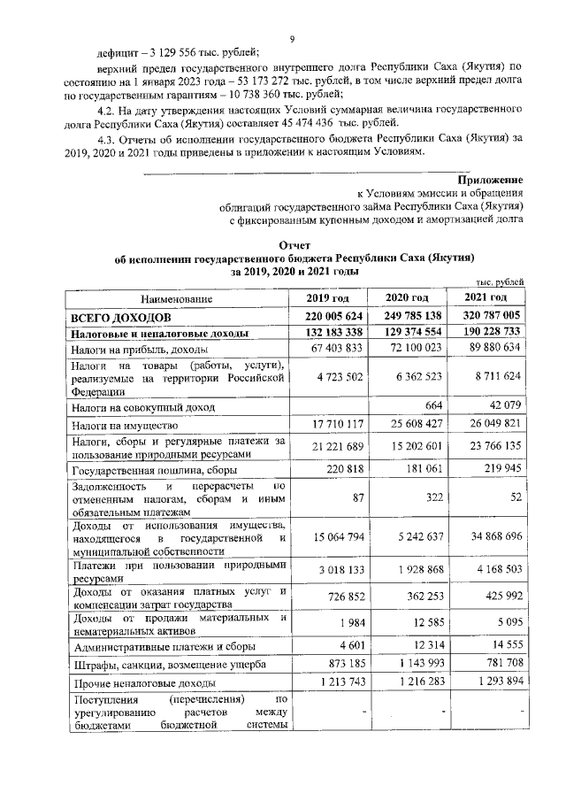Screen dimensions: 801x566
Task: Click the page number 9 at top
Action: pos(291,37)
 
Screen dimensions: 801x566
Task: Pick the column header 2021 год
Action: pos(487,297)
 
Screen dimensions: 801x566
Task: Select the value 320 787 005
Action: pos(487,316)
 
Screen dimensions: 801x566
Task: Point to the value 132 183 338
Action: pos(329,333)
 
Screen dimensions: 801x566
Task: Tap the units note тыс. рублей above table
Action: pos(497,281)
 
